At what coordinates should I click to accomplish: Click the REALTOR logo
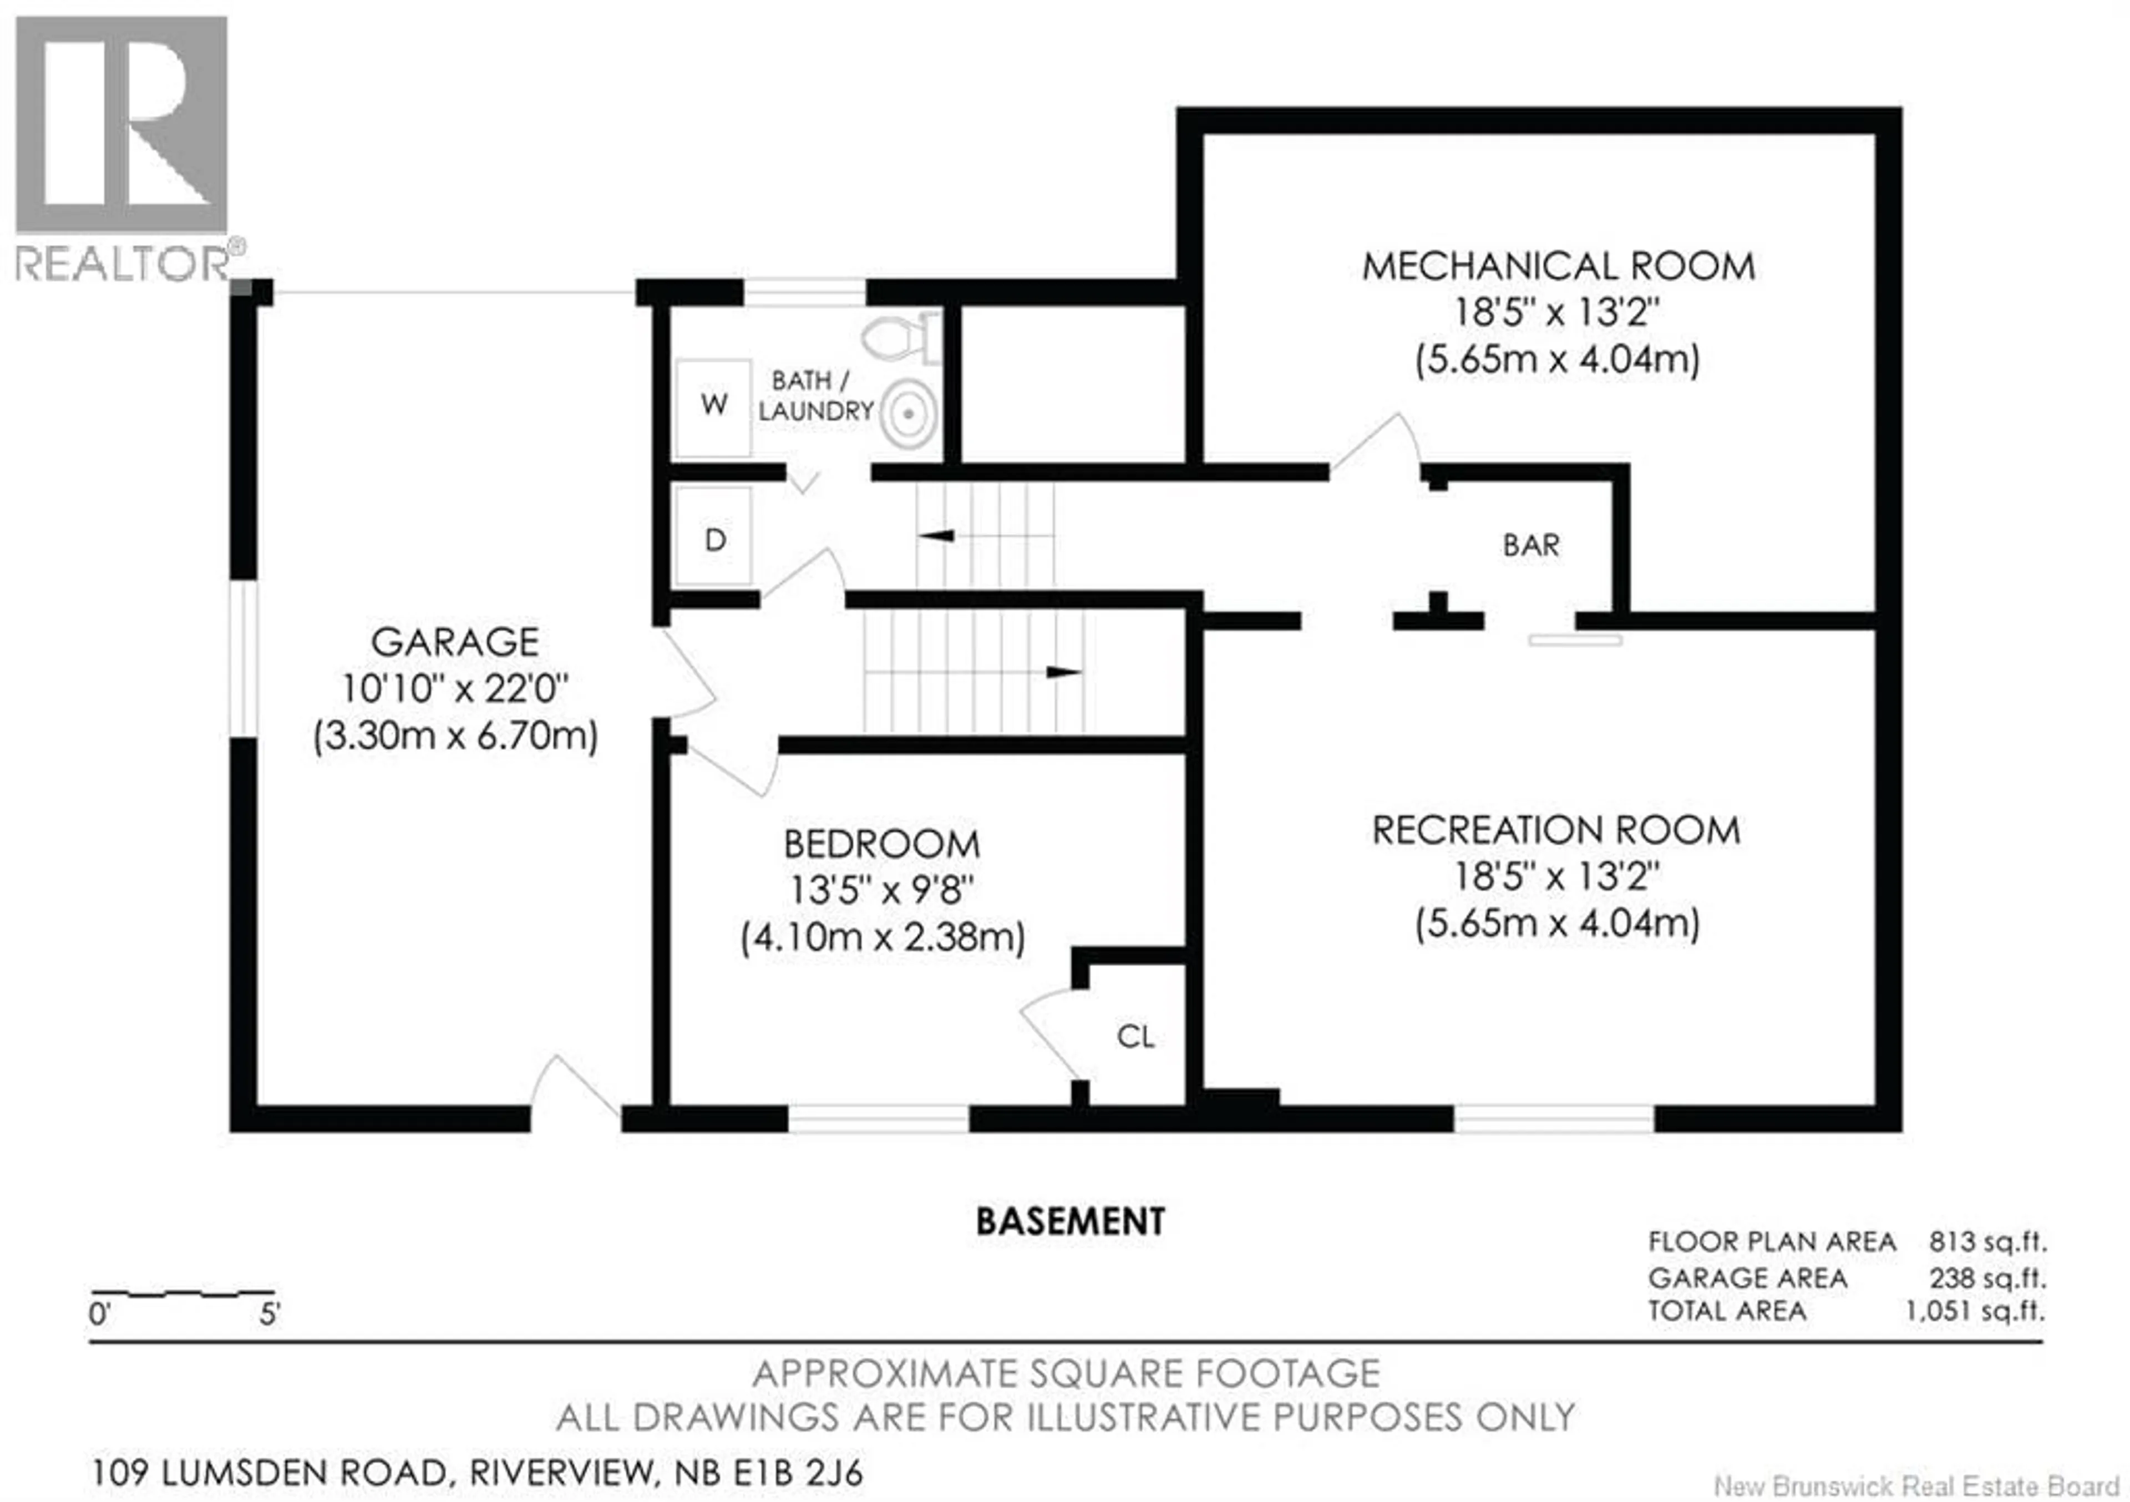(121, 149)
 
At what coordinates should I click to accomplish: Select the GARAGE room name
(455, 642)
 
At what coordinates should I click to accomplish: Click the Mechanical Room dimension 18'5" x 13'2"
(1556, 312)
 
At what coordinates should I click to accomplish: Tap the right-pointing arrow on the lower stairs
(1063, 672)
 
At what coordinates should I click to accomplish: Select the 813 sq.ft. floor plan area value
(1987, 1241)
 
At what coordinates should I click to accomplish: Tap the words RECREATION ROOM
(1556, 830)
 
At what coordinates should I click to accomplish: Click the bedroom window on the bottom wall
(878, 1118)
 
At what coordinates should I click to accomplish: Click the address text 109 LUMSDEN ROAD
(269, 1472)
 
